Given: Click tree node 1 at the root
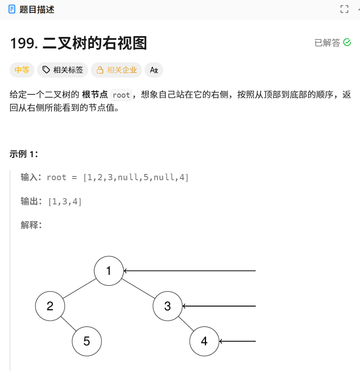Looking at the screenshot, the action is pos(109,271).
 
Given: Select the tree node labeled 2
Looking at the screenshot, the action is pos(50,306).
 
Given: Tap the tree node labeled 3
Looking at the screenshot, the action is pos(167,306).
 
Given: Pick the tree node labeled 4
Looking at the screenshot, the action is pos(204,341).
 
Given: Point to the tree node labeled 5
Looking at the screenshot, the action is pos(87,341).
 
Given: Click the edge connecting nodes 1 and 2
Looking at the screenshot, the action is pos(79,289).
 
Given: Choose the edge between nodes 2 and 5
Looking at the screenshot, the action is pos(69,324).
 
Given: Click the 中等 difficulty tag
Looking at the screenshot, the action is pos(22,70).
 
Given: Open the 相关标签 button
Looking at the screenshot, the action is pos(63,70).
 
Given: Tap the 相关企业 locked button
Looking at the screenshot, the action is pos(117,70).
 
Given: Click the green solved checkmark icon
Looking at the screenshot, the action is pos(347,42).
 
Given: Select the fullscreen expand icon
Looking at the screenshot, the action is pos(344,9).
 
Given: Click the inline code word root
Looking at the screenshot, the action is pos(121,95).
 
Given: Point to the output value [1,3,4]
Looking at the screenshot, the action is pos(65,202).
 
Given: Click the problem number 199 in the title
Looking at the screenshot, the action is pos(23,43).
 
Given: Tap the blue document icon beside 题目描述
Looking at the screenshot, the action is pos(12,9).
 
